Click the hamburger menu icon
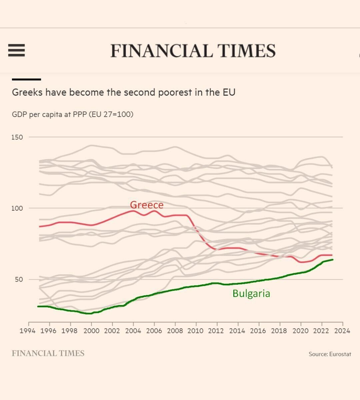17,50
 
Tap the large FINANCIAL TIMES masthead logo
193,51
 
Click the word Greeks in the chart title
27,92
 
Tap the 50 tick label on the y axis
19,279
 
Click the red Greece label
147,205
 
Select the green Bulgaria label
251,293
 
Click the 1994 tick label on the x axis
29,331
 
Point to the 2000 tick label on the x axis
91,331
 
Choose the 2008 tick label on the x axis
175,331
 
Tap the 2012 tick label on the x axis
217,331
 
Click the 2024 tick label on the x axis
342,331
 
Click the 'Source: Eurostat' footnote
330,354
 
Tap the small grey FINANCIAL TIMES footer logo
48,353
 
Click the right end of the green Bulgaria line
332,260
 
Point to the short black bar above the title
26,79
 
